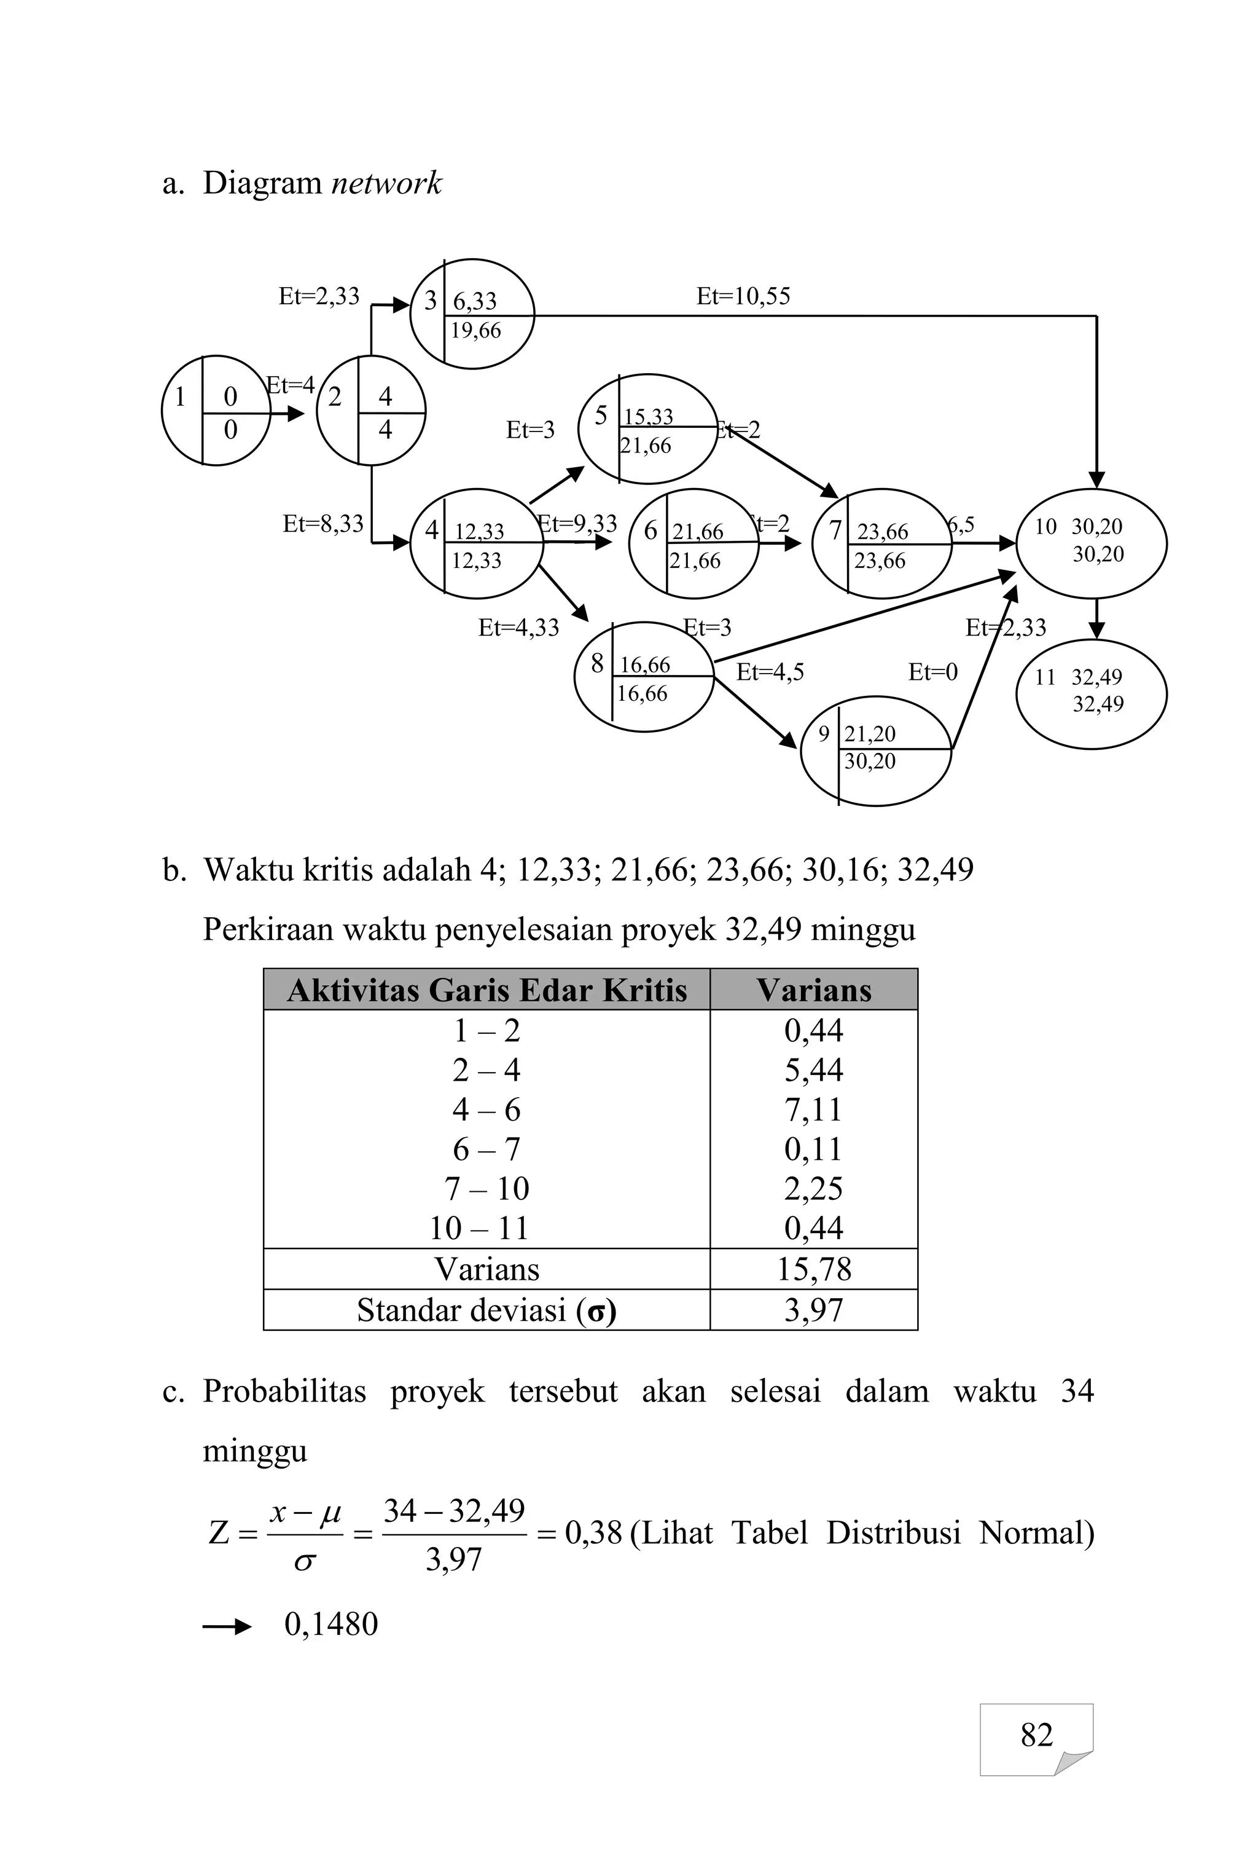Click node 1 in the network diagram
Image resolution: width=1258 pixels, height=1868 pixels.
215,410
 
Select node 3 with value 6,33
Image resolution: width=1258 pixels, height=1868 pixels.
472,314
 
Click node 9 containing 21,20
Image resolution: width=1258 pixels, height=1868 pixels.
875,751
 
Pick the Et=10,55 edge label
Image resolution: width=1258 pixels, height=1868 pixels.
743,297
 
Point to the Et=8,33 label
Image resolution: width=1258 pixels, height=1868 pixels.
322,524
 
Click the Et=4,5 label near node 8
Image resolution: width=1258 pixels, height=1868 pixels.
770,672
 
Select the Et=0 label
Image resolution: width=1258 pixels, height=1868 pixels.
932,672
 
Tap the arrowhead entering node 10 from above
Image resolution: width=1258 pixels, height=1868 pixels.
1096,479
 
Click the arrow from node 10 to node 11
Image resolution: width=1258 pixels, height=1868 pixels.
1096,619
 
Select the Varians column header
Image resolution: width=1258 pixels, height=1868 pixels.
813,990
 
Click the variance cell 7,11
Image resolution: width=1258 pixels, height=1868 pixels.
813,1109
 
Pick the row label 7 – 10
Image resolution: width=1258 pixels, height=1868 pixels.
486,1188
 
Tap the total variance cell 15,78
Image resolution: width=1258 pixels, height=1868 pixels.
813,1269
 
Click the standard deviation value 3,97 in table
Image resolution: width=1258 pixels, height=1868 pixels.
813,1310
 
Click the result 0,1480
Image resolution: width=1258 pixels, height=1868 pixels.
330,1624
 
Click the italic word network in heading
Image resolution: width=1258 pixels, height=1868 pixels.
386,183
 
